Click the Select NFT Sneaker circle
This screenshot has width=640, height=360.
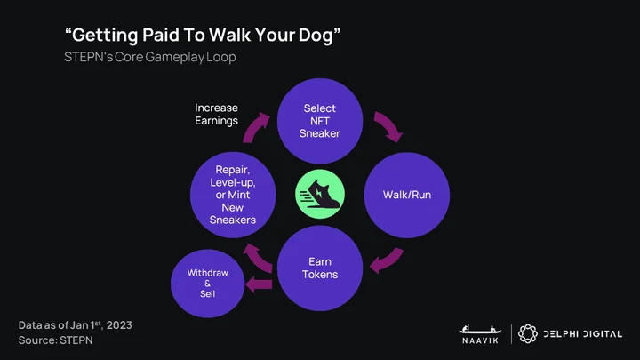320,121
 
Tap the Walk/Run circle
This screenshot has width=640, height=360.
407,195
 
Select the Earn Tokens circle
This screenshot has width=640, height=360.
320,268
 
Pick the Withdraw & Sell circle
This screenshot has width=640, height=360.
207,284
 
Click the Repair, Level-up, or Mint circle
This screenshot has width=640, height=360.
233,195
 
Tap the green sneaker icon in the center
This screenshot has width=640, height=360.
320,195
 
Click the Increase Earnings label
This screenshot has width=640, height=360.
216,115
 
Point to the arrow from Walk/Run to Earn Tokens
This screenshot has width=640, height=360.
388,260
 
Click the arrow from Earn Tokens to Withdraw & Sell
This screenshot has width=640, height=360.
259,284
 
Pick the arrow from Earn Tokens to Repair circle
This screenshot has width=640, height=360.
257,257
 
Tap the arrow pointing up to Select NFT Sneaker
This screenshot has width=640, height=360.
256,127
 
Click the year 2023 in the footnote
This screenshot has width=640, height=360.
119,325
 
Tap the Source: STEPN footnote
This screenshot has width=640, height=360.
55,340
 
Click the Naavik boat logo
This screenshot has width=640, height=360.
480,334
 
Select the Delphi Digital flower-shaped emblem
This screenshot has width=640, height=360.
528,334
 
